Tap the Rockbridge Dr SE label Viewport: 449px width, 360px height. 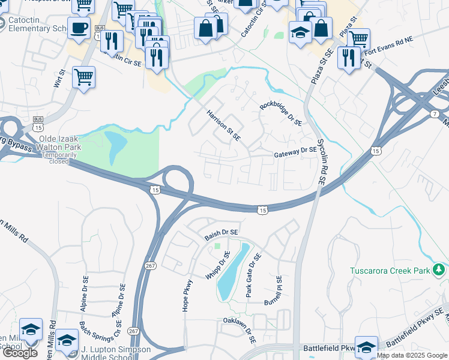pyautogui.click(x=280, y=113)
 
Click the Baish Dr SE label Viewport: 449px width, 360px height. pyautogui.click(x=221, y=232)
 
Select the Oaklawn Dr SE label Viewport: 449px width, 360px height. pyautogui.click(x=240, y=330)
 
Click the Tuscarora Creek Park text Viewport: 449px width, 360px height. pyautogui.click(x=390, y=271)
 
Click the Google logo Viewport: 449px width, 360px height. pyautogui.click(x=20, y=353)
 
